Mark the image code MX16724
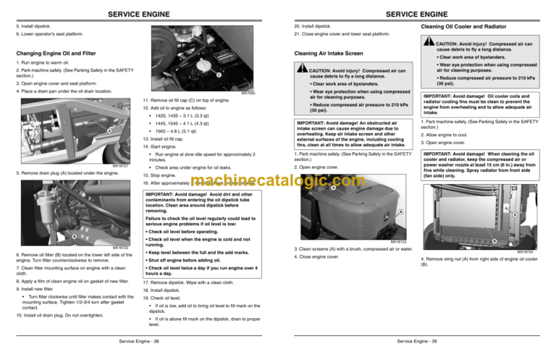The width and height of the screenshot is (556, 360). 534,251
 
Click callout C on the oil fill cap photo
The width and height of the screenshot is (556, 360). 219,74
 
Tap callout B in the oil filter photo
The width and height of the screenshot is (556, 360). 73,235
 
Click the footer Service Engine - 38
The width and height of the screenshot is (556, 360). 138,340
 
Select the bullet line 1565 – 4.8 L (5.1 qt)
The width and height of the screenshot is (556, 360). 186,132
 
